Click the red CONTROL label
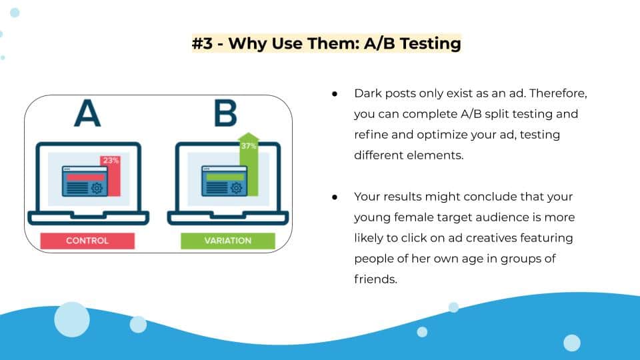tap(87, 241)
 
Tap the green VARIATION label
tap(228, 241)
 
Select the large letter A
tap(87, 113)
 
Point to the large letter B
tap(225, 113)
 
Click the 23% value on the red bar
tap(111, 161)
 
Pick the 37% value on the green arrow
tap(248, 146)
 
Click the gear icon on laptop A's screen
tap(97, 188)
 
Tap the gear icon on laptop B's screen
tap(236, 188)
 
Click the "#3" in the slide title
tap(203, 43)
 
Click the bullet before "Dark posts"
tap(335, 94)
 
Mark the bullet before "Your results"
tap(335, 197)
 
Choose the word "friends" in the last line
tap(375, 279)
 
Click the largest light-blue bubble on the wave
tap(72, 319)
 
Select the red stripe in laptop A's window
tap(85, 177)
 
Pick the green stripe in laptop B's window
tap(225, 177)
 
